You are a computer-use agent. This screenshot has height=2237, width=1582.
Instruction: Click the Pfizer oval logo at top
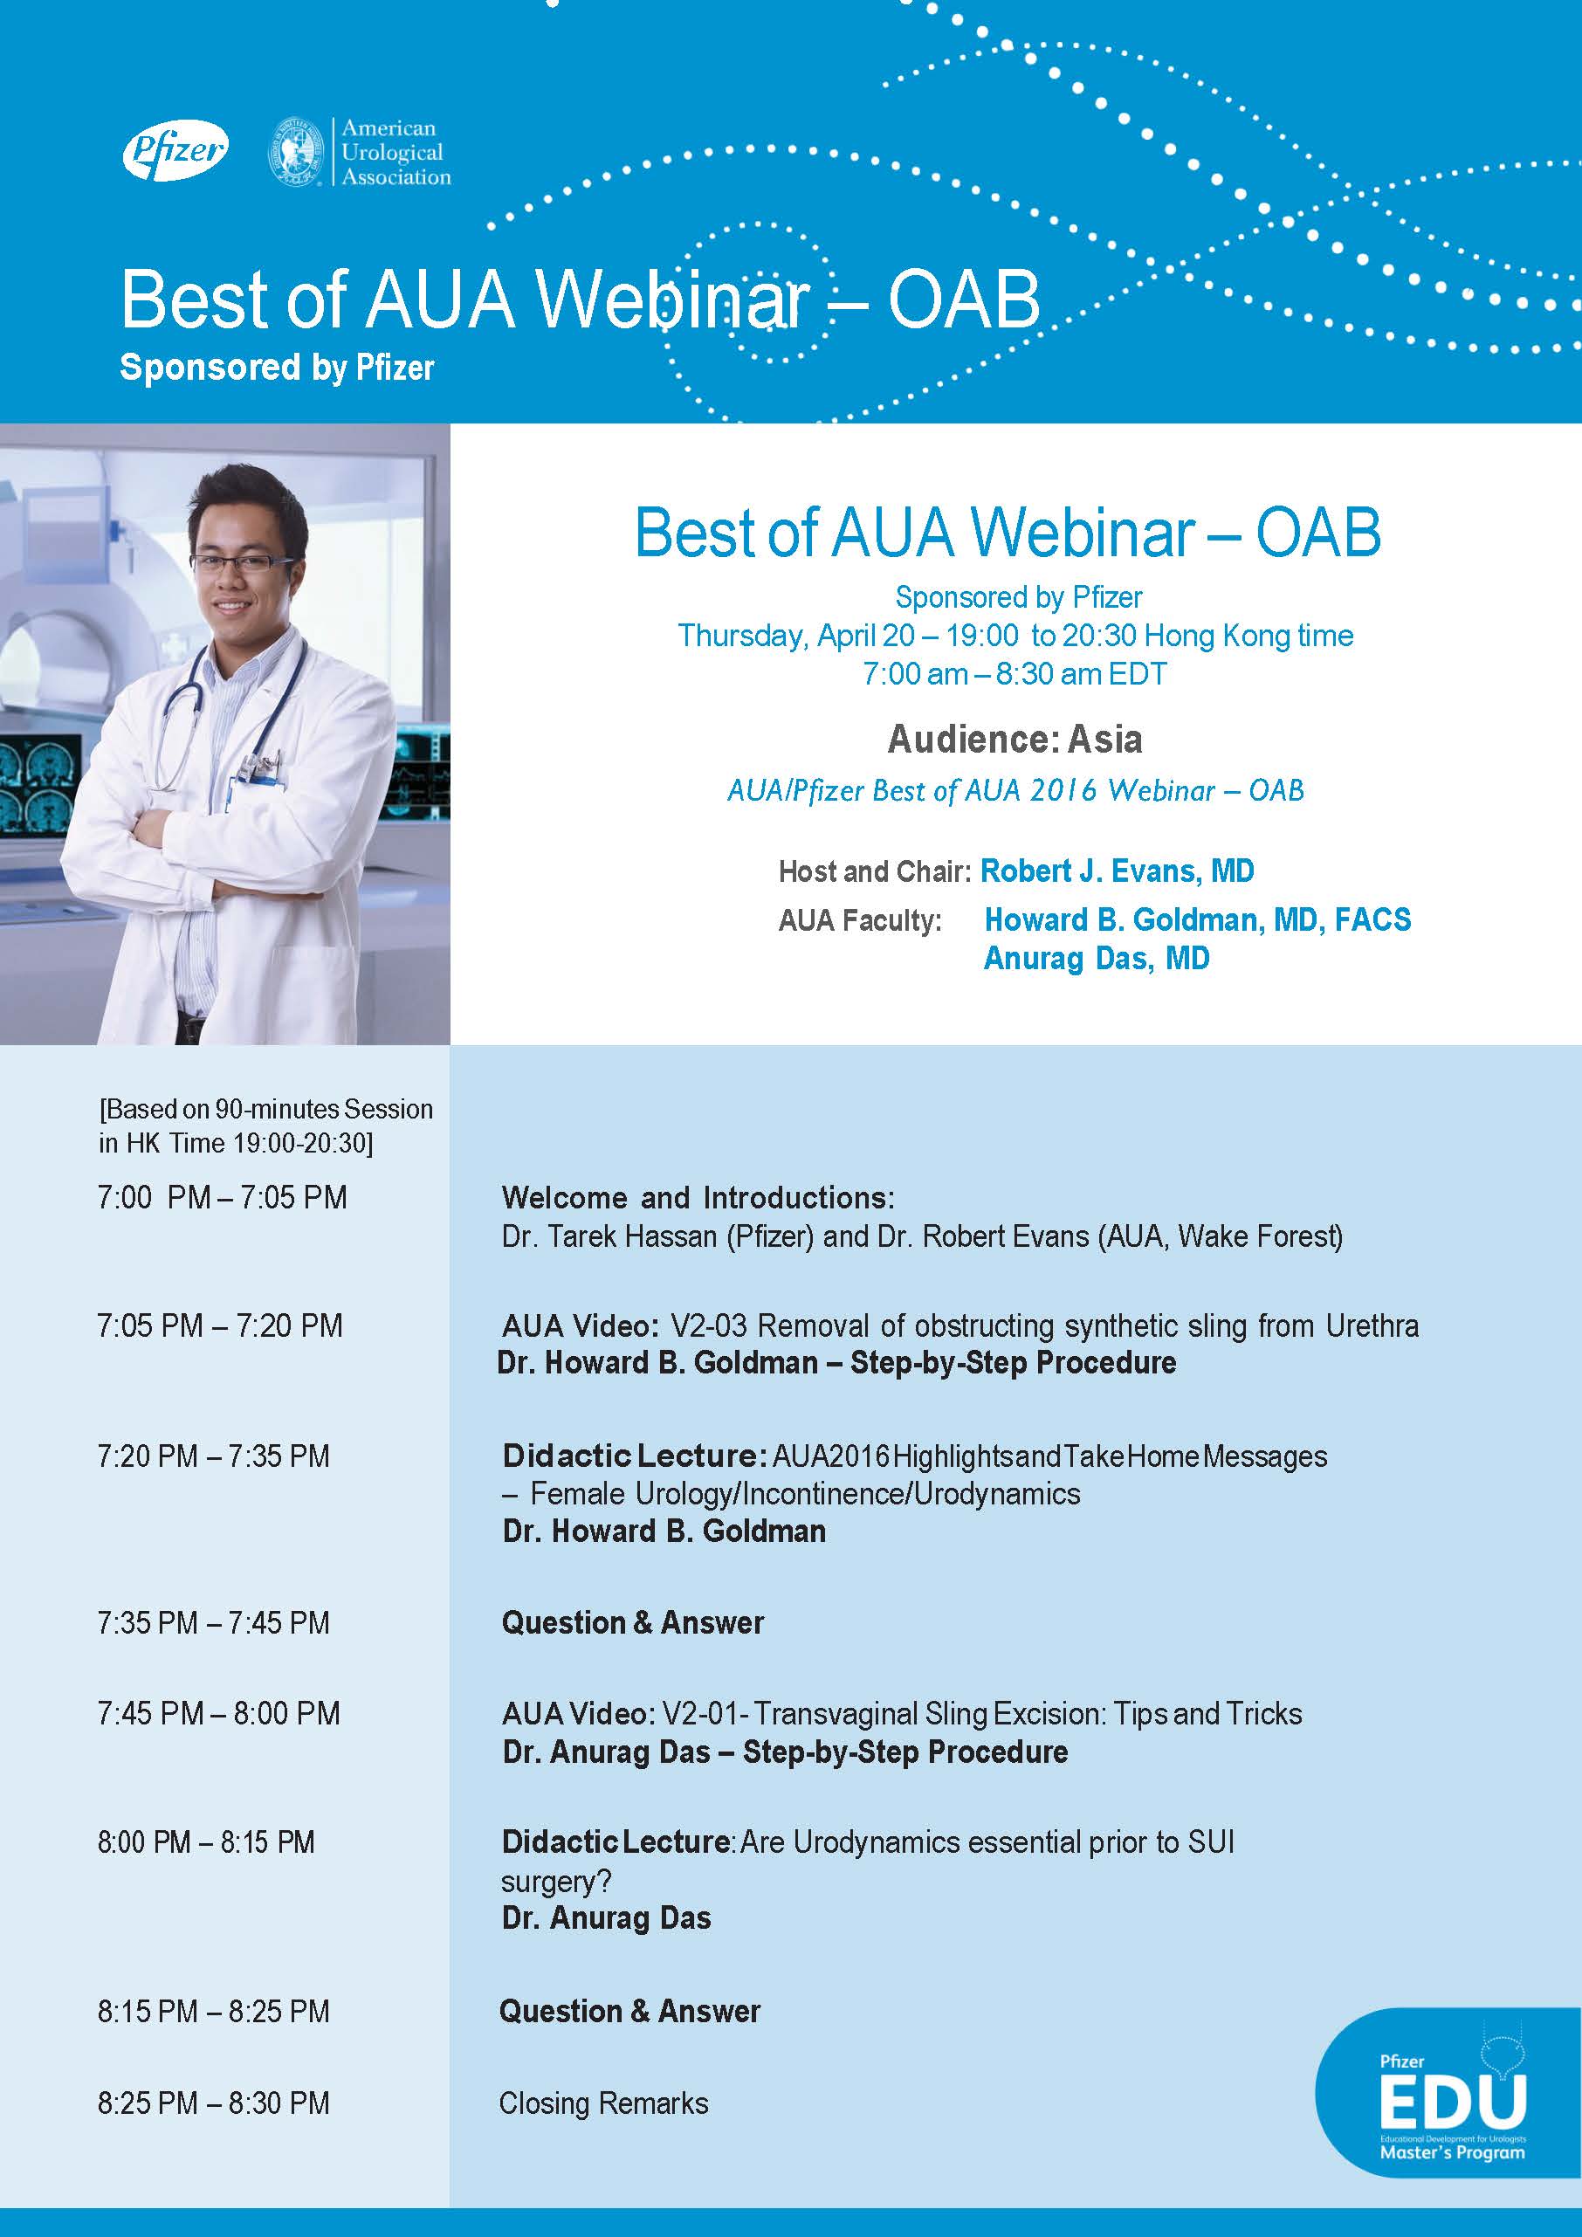click(175, 150)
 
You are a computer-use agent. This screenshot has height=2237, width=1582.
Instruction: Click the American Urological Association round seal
click(297, 152)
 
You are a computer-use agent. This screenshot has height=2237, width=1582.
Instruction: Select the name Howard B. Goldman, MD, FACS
click(1197, 919)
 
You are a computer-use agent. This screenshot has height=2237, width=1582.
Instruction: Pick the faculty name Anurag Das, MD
click(1096, 958)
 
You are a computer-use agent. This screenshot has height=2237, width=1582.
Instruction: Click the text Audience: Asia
click(1015, 739)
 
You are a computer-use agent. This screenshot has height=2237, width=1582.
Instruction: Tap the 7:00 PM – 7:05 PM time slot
click(222, 1196)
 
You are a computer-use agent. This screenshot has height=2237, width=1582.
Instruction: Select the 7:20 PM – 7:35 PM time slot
click(213, 1456)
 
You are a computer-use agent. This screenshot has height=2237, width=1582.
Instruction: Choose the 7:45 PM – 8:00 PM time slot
click(218, 1713)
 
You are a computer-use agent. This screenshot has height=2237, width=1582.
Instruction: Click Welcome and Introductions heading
click(698, 1196)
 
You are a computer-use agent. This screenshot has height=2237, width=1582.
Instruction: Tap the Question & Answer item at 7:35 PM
click(632, 1622)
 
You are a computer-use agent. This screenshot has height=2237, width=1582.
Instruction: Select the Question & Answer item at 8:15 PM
click(629, 2011)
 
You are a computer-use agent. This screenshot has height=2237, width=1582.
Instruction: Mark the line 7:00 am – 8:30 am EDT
click(1015, 673)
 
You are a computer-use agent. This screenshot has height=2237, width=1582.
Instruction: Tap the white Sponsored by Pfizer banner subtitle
click(277, 368)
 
